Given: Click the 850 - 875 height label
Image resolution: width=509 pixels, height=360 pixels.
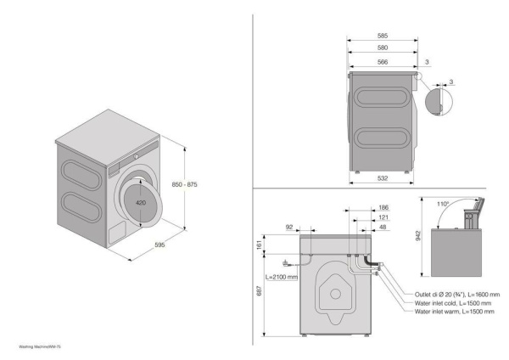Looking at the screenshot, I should pyautogui.click(x=184, y=184).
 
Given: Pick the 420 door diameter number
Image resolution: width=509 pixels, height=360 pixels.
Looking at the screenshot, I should pyautogui.click(x=141, y=204).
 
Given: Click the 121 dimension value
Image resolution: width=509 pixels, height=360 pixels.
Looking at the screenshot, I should pyautogui.click(x=383, y=218).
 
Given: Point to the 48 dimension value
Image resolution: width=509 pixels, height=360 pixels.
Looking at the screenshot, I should pyautogui.click(x=383, y=228).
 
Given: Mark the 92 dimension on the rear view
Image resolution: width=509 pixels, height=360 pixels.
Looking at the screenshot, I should pyautogui.click(x=290, y=227).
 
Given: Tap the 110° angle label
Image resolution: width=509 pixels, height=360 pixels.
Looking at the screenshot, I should pyautogui.click(x=443, y=205).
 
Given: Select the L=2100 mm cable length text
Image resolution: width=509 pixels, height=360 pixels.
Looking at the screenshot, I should pyautogui.click(x=279, y=277).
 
